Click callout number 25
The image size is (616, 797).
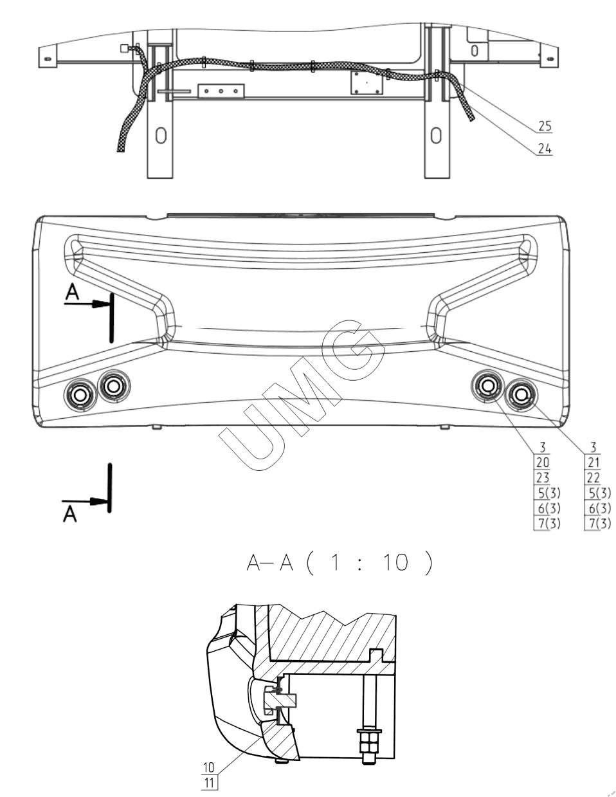[x=545, y=125]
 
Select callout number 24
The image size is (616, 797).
[x=545, y=149]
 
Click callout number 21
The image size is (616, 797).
[x=593, y=461]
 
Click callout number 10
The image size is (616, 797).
[x=209, y=768]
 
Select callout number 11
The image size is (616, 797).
[x=209, y=783]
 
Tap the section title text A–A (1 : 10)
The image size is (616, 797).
[x=339, y=563]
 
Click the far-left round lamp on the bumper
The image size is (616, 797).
[x=80, y=394]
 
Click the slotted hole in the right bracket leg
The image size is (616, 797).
[x=436, y=135]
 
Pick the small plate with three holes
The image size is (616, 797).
[x=221, y=91]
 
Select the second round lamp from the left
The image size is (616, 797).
[x=114, y=386]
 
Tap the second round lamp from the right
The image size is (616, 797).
[x=487, y=386]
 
